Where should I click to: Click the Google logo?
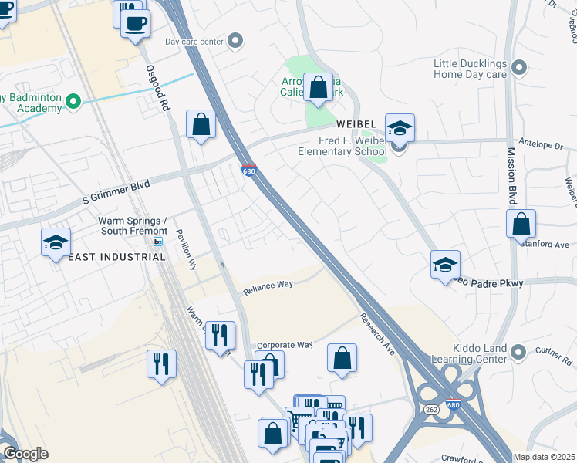pos(25,454)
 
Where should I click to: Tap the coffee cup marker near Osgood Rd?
pos(136,24)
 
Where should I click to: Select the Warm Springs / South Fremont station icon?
pos(157,242)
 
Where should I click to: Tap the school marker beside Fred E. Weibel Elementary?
pos(400,129)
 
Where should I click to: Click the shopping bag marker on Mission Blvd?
pos(521,224)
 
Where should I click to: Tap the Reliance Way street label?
pos(268,286)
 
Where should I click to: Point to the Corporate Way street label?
pos(284,345)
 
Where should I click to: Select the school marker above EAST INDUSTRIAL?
pos(56,243)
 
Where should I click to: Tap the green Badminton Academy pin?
pos(73,101)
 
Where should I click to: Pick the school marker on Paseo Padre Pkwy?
pos(445,265)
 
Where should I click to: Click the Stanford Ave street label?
pos(550,245)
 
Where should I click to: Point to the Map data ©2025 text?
pos(544,457)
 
